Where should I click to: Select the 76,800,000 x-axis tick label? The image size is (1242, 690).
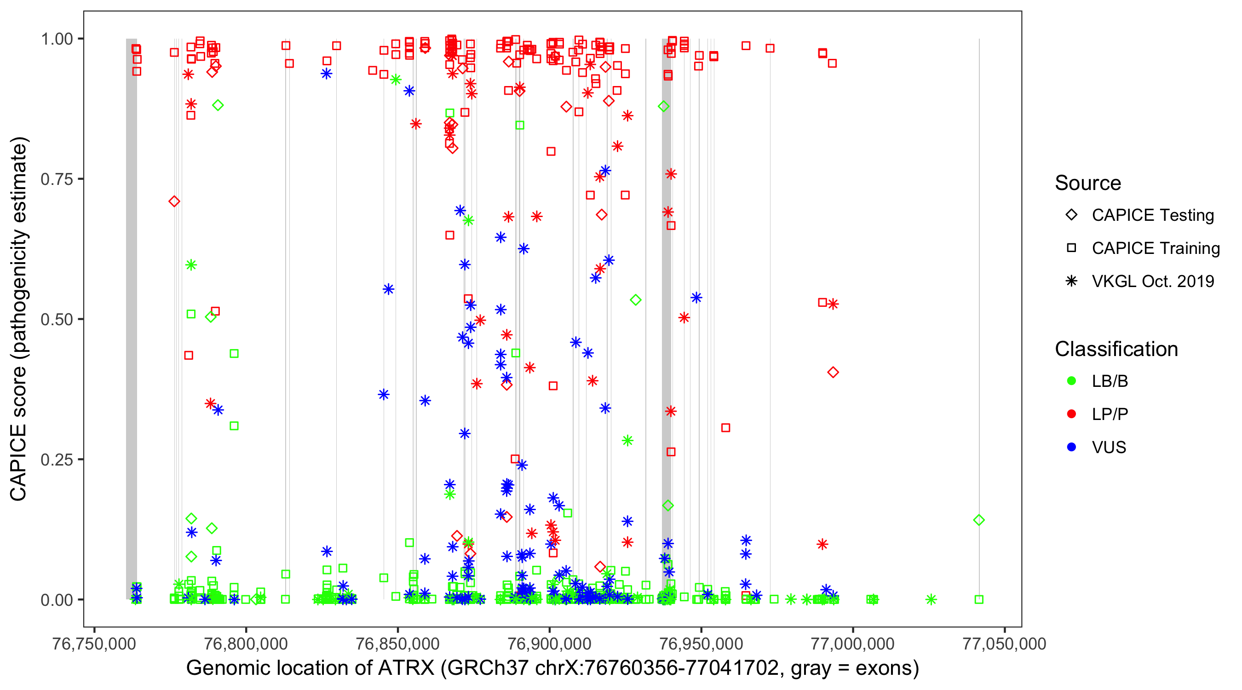point(246,644)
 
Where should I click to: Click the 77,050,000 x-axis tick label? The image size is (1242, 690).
point(1004,644)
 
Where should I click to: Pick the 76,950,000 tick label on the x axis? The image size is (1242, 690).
point(701,644)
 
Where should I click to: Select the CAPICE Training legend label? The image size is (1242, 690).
point(1156,248)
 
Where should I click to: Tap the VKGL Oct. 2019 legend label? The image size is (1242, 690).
point(1153,281)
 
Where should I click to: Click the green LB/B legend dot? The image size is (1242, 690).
point(1071,381)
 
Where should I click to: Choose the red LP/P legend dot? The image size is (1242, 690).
point(1071,414)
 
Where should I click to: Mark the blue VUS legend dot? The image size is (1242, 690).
point(1071,448)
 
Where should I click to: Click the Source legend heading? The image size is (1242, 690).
point(1088,183)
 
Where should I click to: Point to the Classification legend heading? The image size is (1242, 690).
point(1116,349)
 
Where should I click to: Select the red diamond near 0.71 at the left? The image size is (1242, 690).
point(174,201)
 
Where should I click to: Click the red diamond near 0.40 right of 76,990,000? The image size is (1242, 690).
point(833,372)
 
